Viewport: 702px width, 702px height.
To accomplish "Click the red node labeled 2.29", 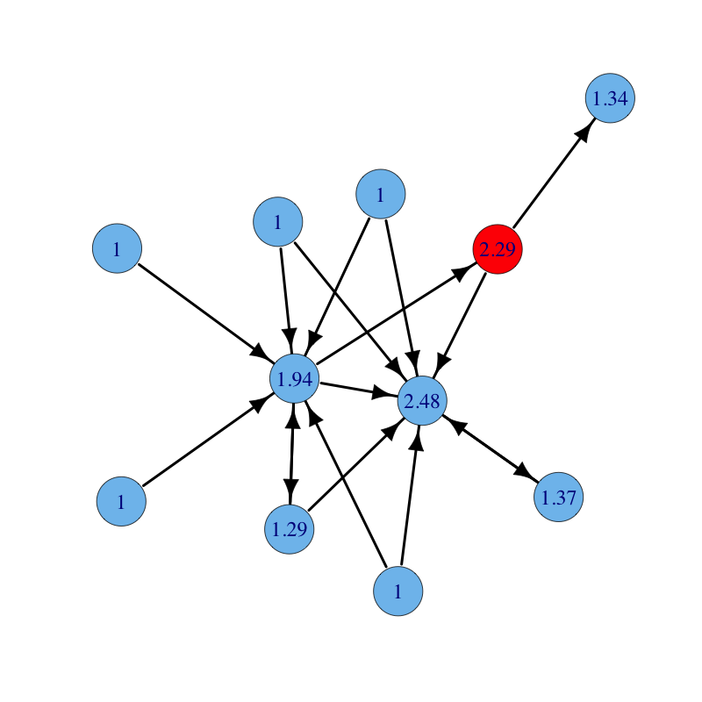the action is pyautogui.click(x=498, y=249).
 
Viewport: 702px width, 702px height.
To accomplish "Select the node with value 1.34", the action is pyautogui.click(x=610, y=98).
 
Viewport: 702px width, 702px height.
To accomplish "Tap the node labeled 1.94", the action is pyautogui.click(x=295, y=379).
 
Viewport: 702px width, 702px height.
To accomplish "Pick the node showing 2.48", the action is pyautogui.click(x=422, y=401).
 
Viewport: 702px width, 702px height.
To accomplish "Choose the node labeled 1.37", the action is pyautogui.click(x=558, y=497).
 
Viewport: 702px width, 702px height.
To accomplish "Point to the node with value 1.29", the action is pyautogui.click(x=290, y=529).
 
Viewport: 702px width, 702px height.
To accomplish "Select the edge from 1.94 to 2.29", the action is pyautogui.click(x=397, y=314).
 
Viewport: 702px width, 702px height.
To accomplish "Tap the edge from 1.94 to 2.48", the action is pyautogui.click(x=359, y=390).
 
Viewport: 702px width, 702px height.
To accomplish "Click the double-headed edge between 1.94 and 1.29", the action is pyautogui.click(x=292, y=454).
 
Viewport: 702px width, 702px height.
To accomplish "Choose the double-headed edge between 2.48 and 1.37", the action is pyautogui.click(x=491, y=449).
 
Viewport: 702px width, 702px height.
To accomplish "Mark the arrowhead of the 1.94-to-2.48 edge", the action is pyautogui.click(x=385, y=394).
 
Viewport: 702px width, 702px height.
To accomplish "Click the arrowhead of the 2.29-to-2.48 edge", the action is pyautogui.click(x=442, y=361).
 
